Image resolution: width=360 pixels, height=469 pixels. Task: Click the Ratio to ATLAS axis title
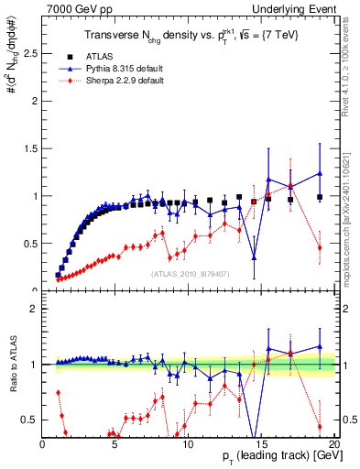click(x=12, y=365)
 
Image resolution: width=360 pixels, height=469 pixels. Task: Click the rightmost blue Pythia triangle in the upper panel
click(x=319, y=173)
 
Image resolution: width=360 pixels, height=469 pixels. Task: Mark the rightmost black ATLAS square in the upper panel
click(x=319, y=197)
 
